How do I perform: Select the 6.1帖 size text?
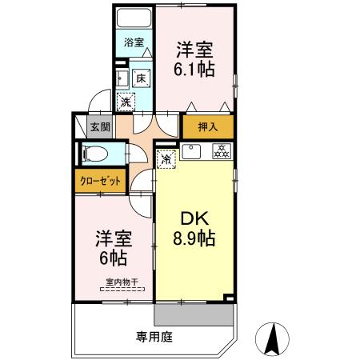(194, 69)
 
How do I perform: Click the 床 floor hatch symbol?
(140, 78)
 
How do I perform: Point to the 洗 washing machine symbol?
(126, 102)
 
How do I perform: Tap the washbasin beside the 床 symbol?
(120, 78)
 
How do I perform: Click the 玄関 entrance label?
(99, 126)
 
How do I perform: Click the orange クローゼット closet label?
(101, 180)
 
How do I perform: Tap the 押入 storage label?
(208, 126)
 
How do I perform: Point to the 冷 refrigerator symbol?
(166, 158)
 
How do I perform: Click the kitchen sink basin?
(191, 151)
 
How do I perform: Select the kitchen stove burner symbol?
(221, 151)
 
